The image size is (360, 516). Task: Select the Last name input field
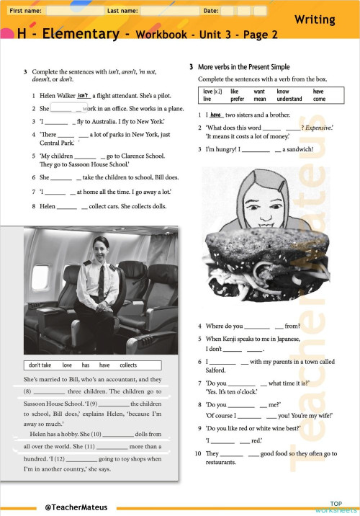pos(168,12)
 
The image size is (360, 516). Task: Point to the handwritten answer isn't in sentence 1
pos(83,94)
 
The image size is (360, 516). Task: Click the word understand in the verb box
pos(290,99)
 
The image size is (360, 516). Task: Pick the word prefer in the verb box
pos(238,99)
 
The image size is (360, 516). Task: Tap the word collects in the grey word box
pos(127,365)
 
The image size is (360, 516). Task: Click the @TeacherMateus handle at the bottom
pos(76,507)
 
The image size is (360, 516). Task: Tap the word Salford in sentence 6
pos(216,370)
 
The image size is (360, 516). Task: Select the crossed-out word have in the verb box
pos(318,92)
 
